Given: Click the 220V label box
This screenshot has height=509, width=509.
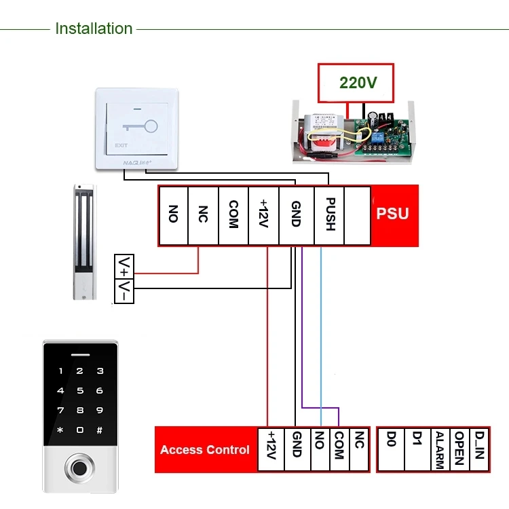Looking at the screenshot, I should click(x=358, y=83).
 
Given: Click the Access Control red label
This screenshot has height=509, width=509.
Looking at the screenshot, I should click(x=205, y=449).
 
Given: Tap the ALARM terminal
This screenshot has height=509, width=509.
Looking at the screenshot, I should click(x=439, y=449).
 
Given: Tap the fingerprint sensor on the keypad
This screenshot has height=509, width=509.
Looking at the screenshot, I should click(x=81, y=468).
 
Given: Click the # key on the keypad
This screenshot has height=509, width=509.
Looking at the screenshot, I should click(x=100, y=430).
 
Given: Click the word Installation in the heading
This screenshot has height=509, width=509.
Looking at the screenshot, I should click(x=94, y=29).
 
